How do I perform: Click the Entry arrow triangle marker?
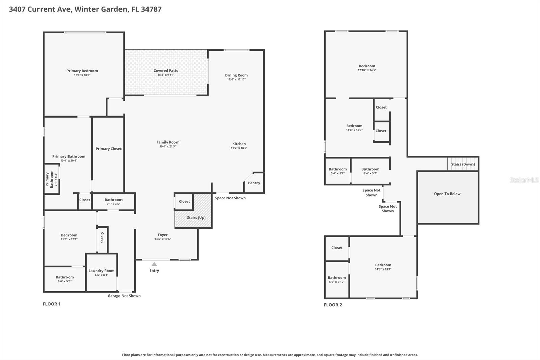click(x=154, y=264)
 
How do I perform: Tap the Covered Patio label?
click(x=166, y=71)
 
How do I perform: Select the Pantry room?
click(x=254, y=183)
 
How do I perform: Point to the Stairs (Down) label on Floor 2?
click(x=463, y=164)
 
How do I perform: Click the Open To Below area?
click(x=447, y=194)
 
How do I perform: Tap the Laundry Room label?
click(x=101, y=271)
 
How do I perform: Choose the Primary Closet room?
click(x=108, y=149)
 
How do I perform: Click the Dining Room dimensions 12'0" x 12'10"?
click(x=236, y=79)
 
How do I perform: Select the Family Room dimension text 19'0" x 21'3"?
click(x=168, y=146)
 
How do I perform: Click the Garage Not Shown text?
click(x=124, y=296)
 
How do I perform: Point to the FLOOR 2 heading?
click(x=333, y=305)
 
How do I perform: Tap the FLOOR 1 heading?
click(x=52, y=304)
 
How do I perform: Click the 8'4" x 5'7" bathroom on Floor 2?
click(x=370, y=171)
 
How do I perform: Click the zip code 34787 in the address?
click(x=151, y=9)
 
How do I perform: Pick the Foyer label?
click(x=163, y=235)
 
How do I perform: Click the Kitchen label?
click(x=239, y=144)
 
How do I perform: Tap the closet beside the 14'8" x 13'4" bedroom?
click(x=337, y=248)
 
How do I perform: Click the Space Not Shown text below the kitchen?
click(x=230, y=198)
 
